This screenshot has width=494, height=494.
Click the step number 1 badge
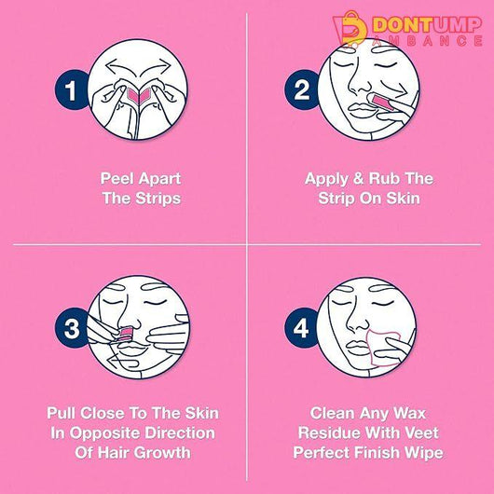coord(71,90)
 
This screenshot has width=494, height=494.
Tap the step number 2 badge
coord(301,90)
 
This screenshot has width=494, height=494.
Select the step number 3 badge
coord(72,328)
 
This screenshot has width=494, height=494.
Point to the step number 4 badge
coord(301,328)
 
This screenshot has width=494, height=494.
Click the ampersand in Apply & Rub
coord(358,179)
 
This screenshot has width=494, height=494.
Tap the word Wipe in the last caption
coord(424,453)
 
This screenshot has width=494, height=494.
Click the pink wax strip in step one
coord(139,95)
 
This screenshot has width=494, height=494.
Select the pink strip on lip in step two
coord(383,103)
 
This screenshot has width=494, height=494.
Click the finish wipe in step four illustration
coord(383,347)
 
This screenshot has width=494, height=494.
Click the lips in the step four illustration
coord(359,346)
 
